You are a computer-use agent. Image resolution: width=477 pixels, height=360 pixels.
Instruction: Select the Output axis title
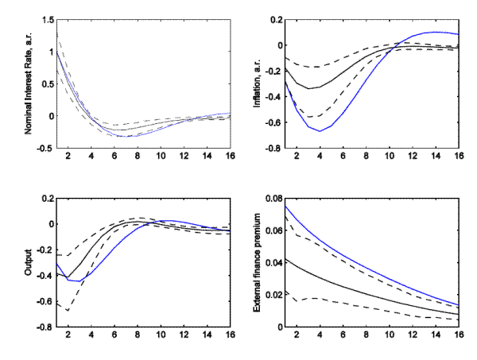pos(29,261)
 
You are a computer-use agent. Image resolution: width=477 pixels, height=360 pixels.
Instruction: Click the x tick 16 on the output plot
pos(230,335)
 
